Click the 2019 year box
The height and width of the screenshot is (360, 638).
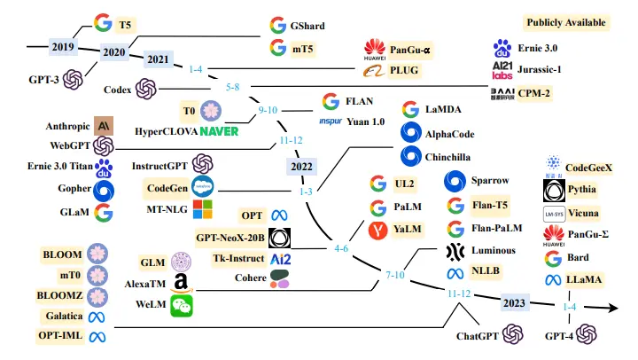(x=63, y=47)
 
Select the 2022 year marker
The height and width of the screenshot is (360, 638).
(x=301, y=167)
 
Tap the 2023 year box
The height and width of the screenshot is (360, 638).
(x=514, y=303)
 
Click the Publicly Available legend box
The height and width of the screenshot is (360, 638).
(x=566, y=23)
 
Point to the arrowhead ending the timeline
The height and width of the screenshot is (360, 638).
(x=612, y=308)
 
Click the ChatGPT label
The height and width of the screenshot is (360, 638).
(x=478, y=336)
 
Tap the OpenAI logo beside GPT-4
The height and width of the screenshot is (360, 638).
(x=587, y=334)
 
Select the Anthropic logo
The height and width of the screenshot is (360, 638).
(x=104, y=126)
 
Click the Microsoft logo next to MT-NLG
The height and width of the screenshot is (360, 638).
(x=202, y=209)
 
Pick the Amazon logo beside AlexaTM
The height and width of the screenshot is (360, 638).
(x=182, y=283)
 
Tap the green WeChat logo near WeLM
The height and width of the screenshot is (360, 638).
(x=182, y=306)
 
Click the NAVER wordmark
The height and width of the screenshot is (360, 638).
(x=219, y=131)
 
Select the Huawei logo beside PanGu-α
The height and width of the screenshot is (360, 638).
(x=374, y=50)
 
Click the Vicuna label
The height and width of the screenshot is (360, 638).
(x=583, y=213)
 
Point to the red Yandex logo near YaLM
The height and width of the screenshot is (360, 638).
(x=378, y=230)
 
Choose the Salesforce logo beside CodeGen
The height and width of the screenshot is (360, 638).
(x=202, y=187)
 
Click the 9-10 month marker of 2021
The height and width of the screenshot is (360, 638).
(x=268, y=110)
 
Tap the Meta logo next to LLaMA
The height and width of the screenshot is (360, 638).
(x=553, y=280)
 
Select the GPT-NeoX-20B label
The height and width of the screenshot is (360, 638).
(x=230, y=238)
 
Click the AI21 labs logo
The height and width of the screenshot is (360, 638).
(x=502, y=70)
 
